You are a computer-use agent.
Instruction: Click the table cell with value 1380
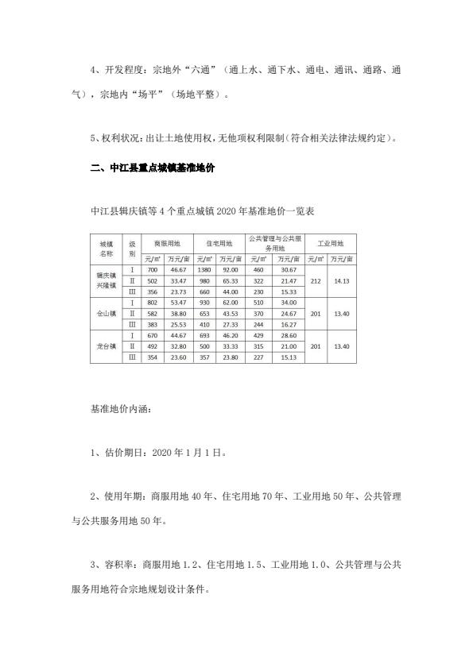tap(204, 271)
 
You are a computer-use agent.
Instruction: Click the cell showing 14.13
tap(343, 281)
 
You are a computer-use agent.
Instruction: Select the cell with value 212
tap(316, 281)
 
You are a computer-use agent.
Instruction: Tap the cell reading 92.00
tap(231, 271)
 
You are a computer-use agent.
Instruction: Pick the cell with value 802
tap(153, 303)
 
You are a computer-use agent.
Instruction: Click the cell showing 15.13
tap(288, 357)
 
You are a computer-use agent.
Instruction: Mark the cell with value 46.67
tap(179, 271)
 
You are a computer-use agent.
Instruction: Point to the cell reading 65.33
tap(231, 281)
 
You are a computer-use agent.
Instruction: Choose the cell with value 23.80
tap(231, 357)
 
